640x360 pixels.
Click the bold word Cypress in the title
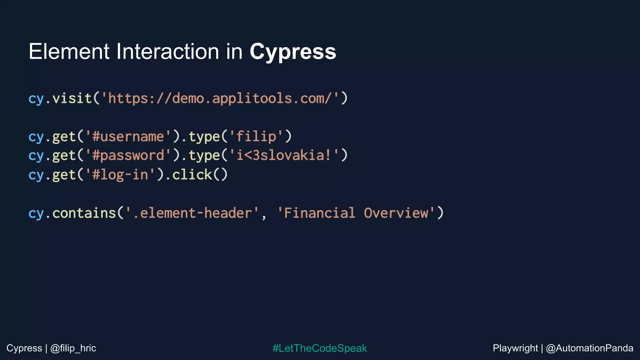click(292, 52)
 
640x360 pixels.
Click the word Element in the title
click(69, 51)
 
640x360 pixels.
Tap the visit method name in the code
click(72, 98)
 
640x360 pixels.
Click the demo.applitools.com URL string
click(223, 98)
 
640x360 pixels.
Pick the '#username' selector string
click(128, 137)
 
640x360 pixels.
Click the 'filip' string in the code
click(256, 137)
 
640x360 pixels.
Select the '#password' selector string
click(128, 155)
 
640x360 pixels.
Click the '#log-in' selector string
click(120, 174)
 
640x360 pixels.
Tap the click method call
click(192, 174)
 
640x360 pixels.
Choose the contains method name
click(84, 213)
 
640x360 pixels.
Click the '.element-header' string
click(192, 213)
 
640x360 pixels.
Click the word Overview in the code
click(396, 213)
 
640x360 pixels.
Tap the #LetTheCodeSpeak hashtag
click(320, 348)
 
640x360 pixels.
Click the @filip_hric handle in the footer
click(73, 348)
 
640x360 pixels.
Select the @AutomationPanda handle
click(589, 348)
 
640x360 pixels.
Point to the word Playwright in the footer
click(515, 348)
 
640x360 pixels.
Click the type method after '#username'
click(204, 137)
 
